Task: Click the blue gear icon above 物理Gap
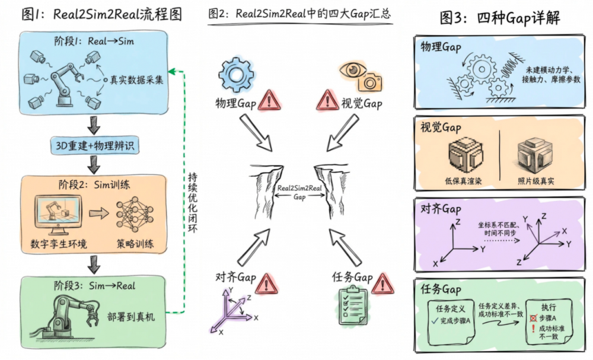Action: tap(235, 74)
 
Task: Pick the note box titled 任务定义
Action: tap(454, 317)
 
